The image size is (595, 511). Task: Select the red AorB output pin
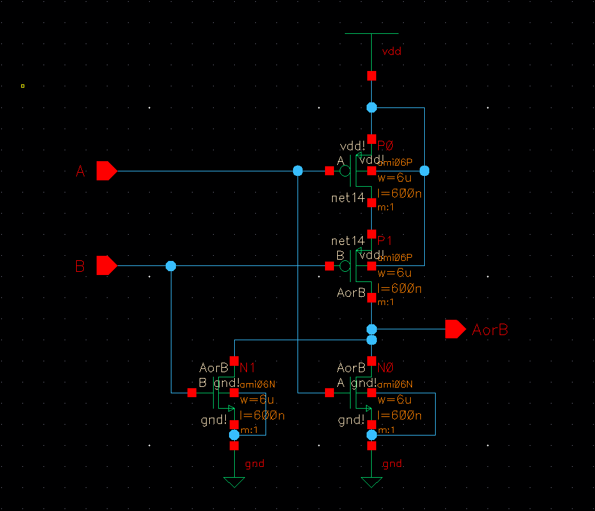click(x=455, y=329)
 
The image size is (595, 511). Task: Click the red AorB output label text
click(x=490, y=330)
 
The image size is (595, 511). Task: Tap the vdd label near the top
click(x=391, y=51)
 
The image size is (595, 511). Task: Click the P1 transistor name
click(x=385, y=240)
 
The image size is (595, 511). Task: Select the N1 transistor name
click(x=248, y=368)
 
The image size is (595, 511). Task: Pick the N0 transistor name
click(x=385, y=368)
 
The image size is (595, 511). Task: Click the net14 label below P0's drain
click(x=347, y=198)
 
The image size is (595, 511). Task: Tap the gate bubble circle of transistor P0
click(x=345, y=171)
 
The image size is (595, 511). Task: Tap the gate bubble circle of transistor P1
click(x=345, y=265)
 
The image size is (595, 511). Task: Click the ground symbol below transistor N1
click(x=234, y=482)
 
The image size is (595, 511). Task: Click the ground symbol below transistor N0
click(x=372, y=482)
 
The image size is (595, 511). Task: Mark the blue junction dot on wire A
click(x=297, y=171)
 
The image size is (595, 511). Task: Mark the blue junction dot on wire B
click(x=171, y=265)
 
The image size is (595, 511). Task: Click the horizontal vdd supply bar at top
click(x=372, y=33)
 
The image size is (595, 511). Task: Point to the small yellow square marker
click(x=22, y=86)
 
